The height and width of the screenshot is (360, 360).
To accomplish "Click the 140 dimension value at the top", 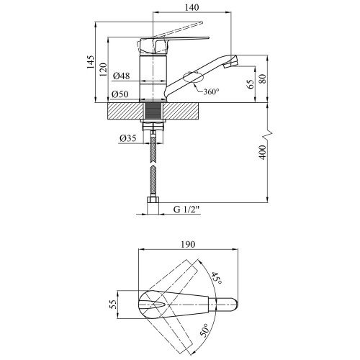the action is tap(192, 7).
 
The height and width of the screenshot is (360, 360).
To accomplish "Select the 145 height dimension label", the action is tap(91, 62).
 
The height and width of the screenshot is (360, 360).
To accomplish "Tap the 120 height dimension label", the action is tap(103, 70).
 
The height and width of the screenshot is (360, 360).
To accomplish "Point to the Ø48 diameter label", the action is tap(122, 76).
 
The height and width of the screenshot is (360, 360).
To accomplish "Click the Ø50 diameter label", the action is tap(120, 94).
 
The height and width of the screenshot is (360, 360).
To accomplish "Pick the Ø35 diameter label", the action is tap(128, 138).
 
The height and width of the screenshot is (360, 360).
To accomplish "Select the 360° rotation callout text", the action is tap(211, 91).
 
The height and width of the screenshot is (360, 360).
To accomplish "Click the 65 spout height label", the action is tap(251, 84).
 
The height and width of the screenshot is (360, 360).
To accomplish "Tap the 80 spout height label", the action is tap(264, 79).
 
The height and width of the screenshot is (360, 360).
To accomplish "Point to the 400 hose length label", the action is tap(264, 152).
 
